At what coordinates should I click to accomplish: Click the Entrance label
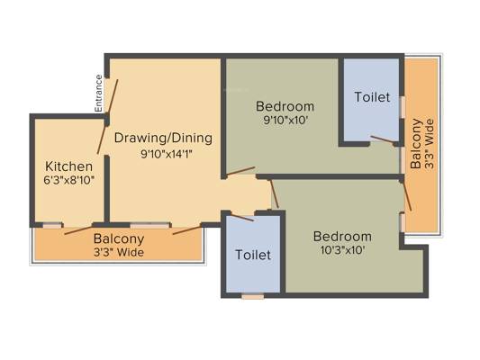coord(98,94)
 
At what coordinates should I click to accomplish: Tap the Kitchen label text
coord(68,166)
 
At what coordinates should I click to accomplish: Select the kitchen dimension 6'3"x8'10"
coord(68,181)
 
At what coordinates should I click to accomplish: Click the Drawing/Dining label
coord(163,139)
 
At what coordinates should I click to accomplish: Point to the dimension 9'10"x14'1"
coord(167,154)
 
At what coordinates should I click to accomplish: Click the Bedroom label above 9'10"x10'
coord(285,106)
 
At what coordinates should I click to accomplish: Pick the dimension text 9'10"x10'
coord(285,121)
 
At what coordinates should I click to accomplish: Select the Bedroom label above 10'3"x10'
coord(342,237)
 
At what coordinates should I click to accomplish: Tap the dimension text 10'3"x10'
coord(342,250)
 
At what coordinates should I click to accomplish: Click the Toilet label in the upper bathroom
coord(372,97)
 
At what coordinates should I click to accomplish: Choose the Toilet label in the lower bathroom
coord(253,255)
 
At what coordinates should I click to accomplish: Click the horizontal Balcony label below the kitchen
coord(119,239)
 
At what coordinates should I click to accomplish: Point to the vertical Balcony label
coord(416,143)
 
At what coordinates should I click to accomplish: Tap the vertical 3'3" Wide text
coord(430,144)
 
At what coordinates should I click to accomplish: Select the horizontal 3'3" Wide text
coord(119,253)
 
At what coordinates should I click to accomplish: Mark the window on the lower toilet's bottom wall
coord(252,297)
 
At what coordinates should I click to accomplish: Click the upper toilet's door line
coord(383,139)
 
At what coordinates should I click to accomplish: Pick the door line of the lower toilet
coord(242,218)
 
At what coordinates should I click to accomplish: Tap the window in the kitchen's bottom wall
coord(52,226)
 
